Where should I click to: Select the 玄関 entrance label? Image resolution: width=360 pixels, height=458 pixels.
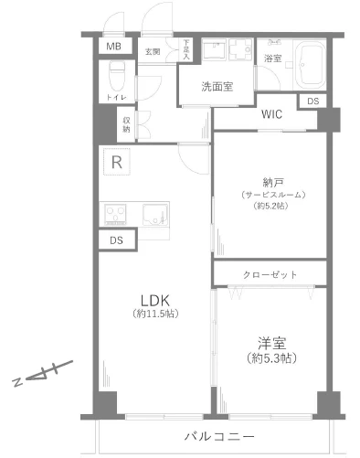tap(152, 51)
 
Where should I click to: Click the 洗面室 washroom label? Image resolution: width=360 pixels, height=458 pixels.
tap(218, 87)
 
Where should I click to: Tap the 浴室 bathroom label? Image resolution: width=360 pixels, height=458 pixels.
tap(272, 58)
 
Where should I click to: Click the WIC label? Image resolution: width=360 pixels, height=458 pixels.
tap(271, 116)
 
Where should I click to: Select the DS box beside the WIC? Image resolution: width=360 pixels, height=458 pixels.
tap(313, 101)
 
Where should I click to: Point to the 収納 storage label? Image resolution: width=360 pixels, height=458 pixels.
tap(126, 124)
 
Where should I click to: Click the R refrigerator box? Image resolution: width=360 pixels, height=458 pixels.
tap(117, 163)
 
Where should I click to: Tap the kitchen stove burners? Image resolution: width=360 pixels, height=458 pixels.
tap(118, 216)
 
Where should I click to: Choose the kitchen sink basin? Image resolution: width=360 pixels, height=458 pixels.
tap(154, 216)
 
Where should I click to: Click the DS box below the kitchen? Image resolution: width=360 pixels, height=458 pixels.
tap(116, 240)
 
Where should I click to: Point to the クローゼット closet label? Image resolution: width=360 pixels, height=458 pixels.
tap(270, 273)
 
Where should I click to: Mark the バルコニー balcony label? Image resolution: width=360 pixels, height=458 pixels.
tap(217, 437)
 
